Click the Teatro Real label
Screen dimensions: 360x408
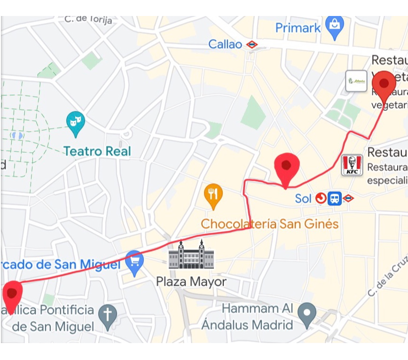[x=97, y=151]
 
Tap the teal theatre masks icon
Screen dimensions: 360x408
[x=75, y=122]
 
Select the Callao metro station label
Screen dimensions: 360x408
[x=225, y=45]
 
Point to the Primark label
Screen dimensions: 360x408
[x=298, y=28]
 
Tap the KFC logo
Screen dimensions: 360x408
[x=352, y=165]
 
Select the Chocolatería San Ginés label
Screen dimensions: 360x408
[x=270, y=224]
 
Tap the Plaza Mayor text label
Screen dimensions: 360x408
[x=191, y=282]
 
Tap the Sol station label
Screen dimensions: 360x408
[x=303, y=199]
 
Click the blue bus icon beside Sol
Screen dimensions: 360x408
[x=335, y=198]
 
